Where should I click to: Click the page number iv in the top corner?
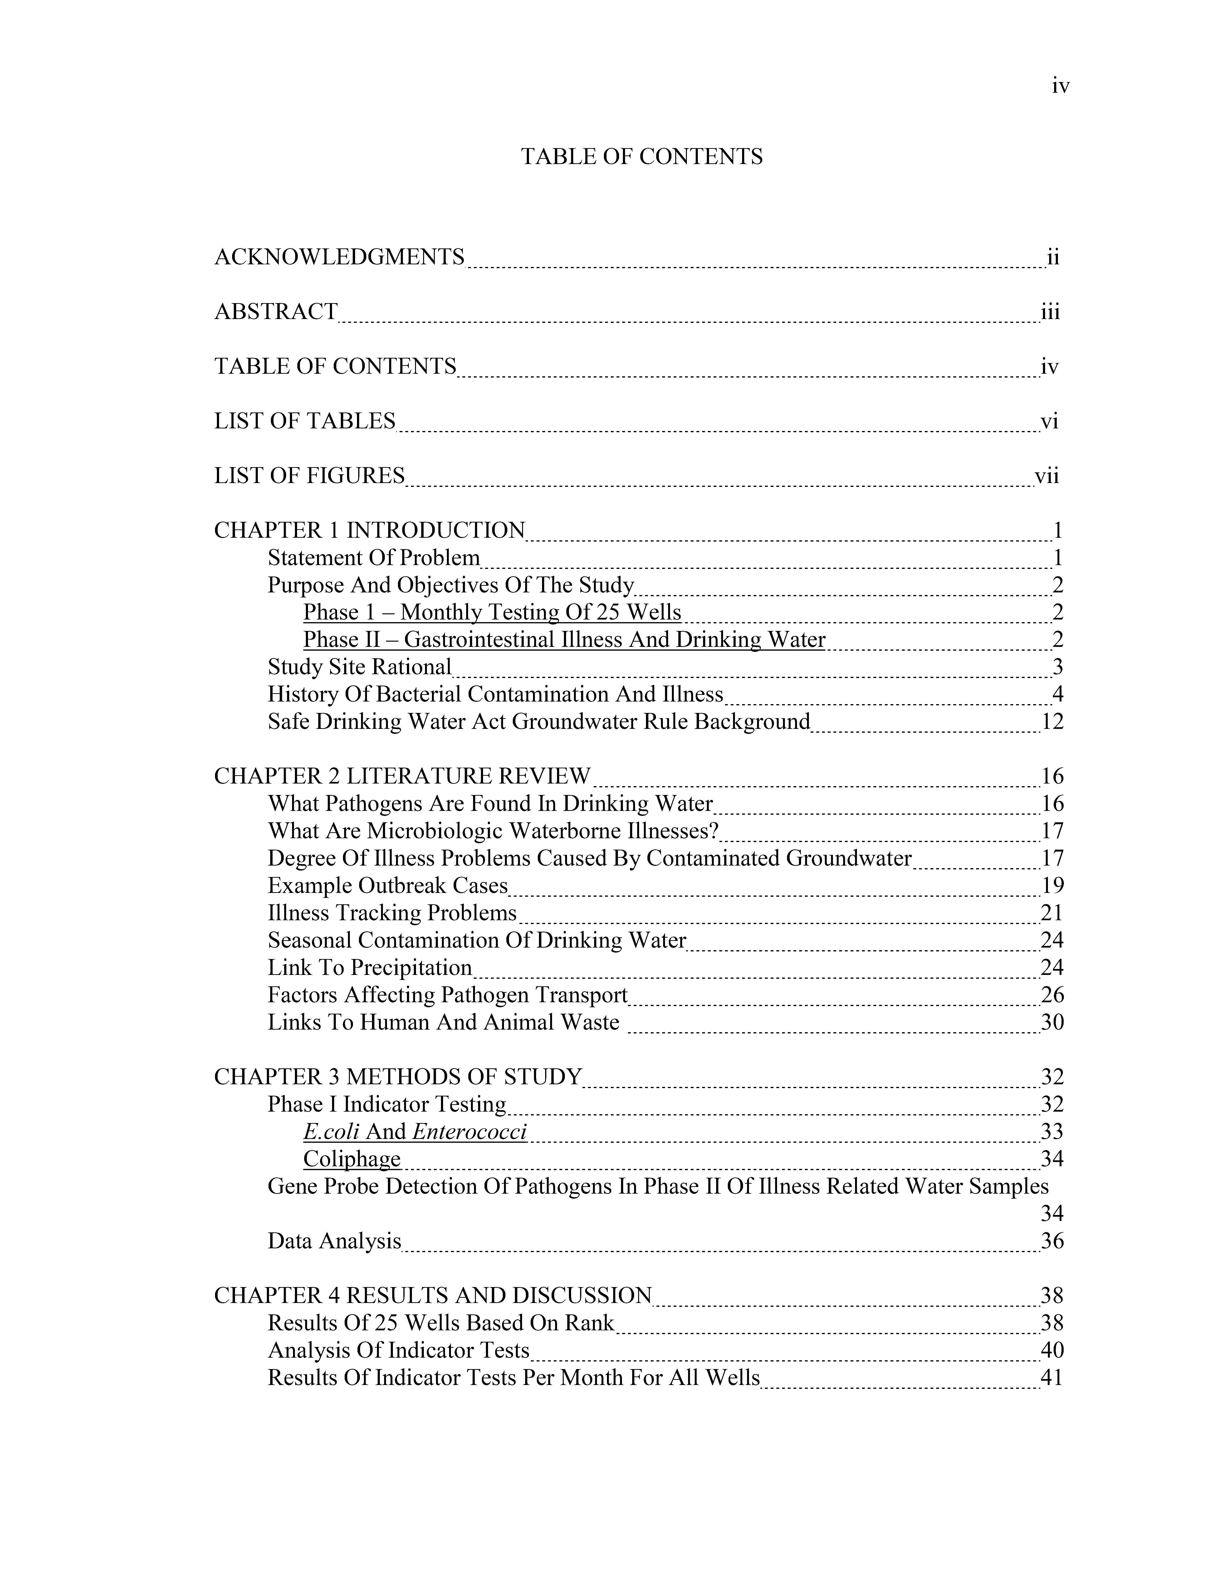1060,87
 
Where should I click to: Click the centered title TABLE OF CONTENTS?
642,157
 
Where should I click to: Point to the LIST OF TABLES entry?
305,421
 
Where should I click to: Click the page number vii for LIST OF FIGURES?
1046,476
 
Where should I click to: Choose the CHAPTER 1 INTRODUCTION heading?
369,530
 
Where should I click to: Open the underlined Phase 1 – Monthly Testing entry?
492,612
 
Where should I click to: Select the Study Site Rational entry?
359,667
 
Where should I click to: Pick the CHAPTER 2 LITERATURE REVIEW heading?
402,776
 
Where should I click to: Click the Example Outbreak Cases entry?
387,885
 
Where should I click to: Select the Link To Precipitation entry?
369,968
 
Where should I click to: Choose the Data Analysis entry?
334,1241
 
